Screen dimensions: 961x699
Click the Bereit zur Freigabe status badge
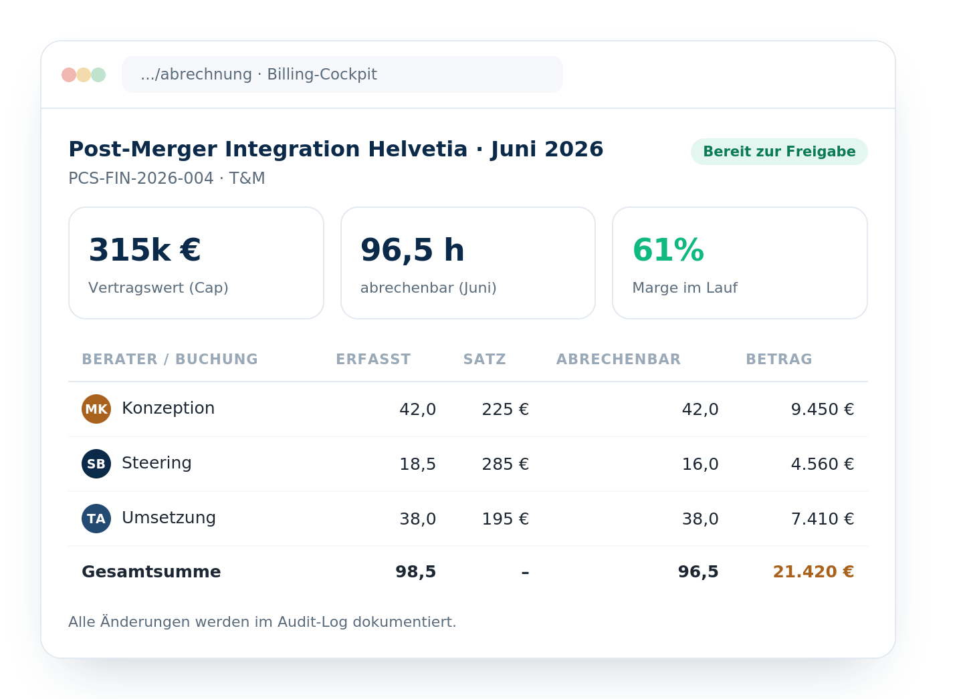778,152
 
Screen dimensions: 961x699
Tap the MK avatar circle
96,409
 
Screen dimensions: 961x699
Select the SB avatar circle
96,464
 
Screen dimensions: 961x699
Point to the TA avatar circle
96,519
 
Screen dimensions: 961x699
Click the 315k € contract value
144,250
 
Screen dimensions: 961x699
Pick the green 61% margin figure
668,250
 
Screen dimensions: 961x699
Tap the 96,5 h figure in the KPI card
412,250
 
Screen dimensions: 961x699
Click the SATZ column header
484,359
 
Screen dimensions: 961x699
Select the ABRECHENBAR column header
618,359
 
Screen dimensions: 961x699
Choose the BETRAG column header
778,359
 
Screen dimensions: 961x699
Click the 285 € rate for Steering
506,464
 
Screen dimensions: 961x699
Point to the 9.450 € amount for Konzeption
823,409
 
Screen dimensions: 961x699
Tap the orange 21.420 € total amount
813,572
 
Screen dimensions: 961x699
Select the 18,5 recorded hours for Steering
417,464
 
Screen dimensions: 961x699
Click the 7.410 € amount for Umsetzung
823,519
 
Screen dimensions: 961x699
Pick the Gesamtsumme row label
151,572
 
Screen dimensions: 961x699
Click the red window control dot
69,75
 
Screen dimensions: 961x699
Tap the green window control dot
98,75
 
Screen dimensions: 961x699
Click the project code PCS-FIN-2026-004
140,178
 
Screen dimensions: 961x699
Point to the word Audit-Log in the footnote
313,622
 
